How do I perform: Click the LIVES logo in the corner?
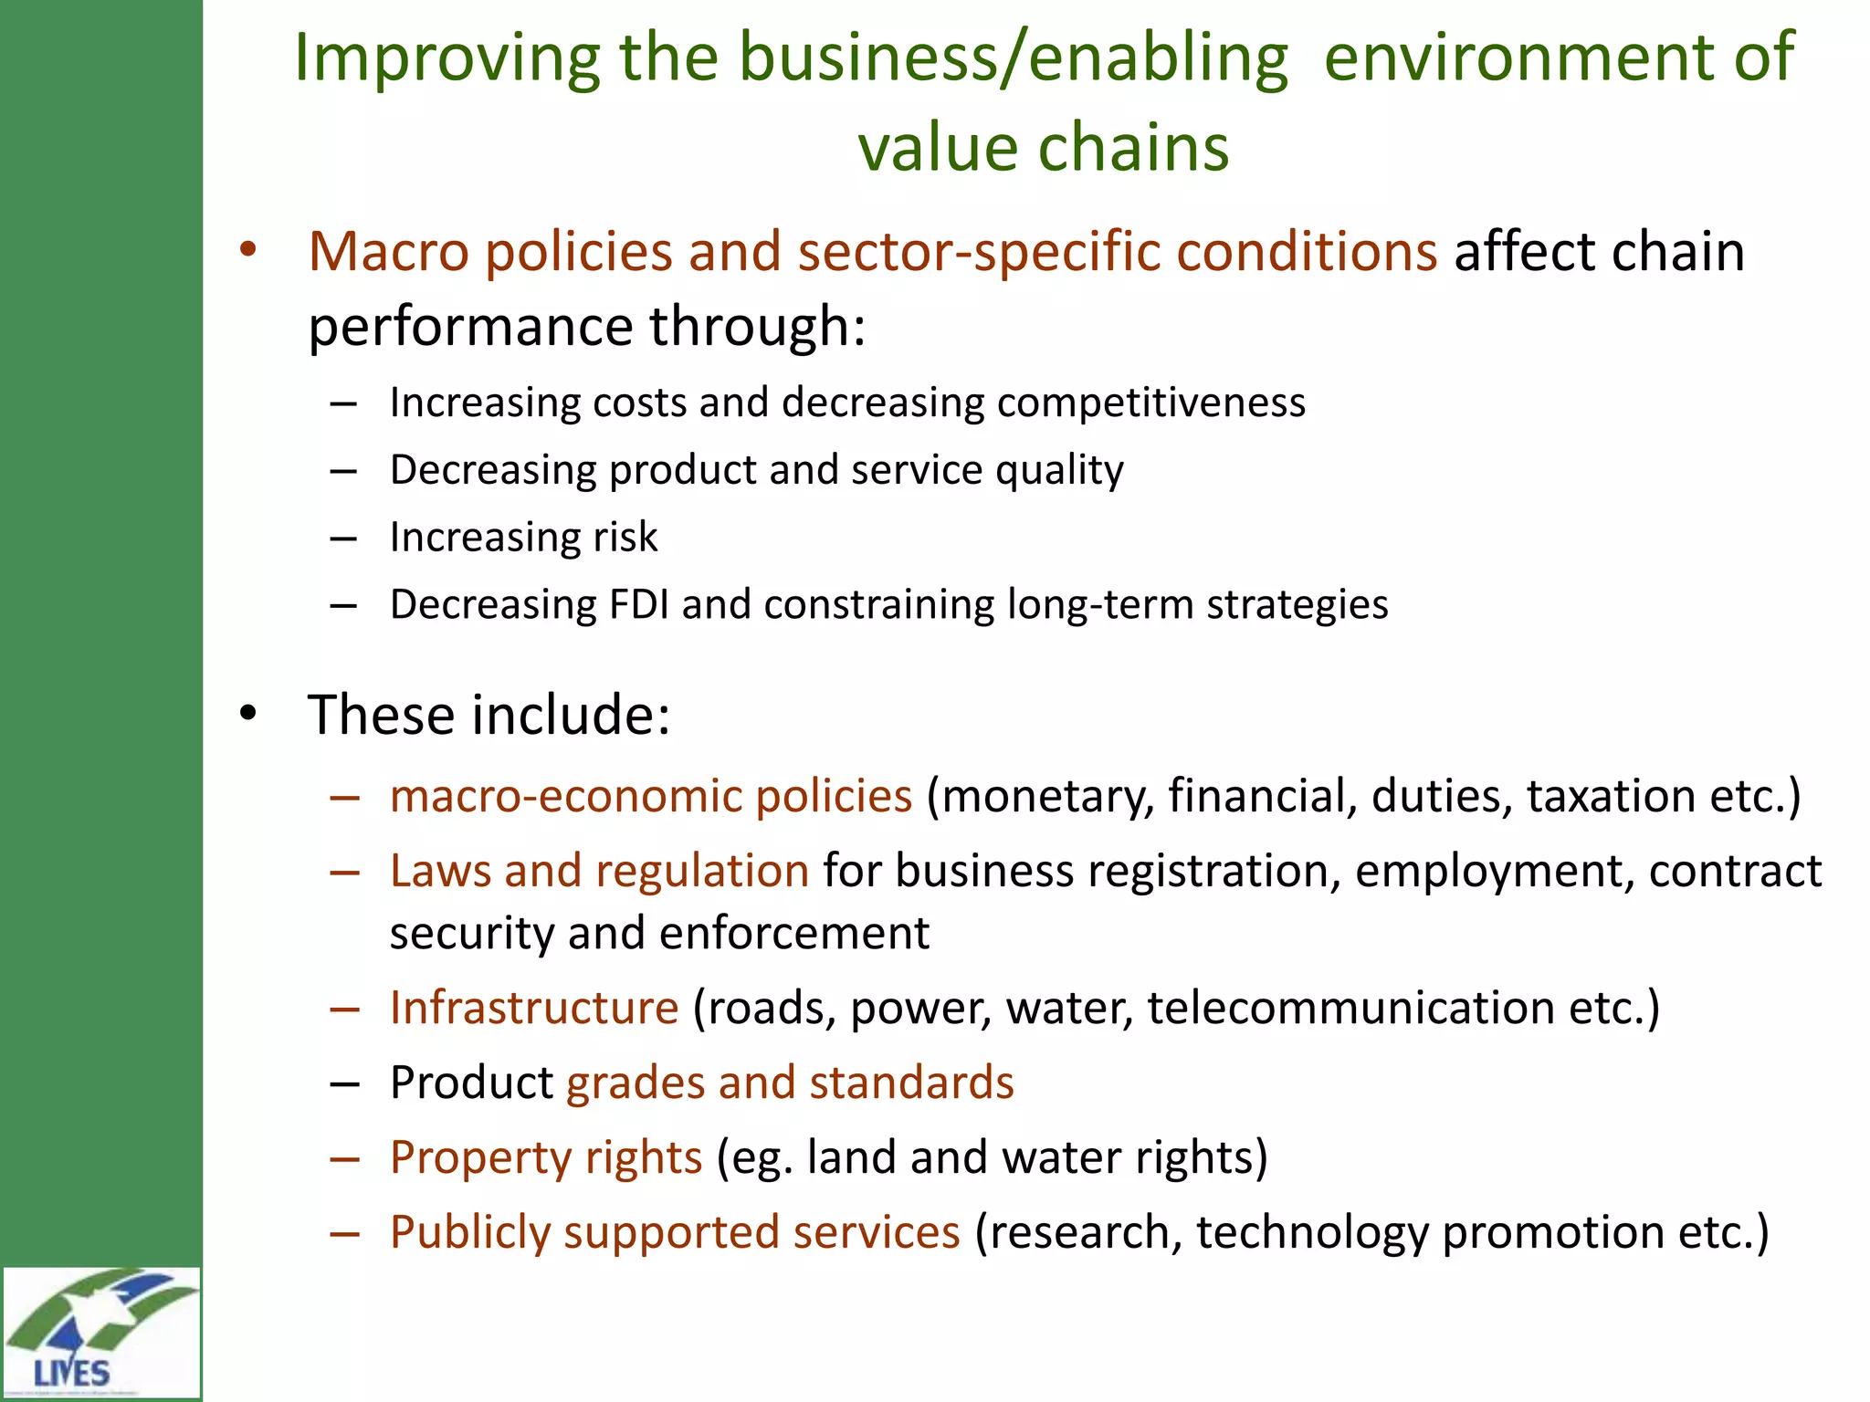tap(100, 1332)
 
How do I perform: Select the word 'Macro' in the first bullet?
tap(388, 251)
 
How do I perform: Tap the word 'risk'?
tap(625, 537)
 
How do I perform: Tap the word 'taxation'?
tap(1611, 796)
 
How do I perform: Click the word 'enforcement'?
tap(793, 934)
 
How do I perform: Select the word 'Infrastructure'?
tap(534, 1008)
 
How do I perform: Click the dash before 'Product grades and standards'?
tap(343, 1083)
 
